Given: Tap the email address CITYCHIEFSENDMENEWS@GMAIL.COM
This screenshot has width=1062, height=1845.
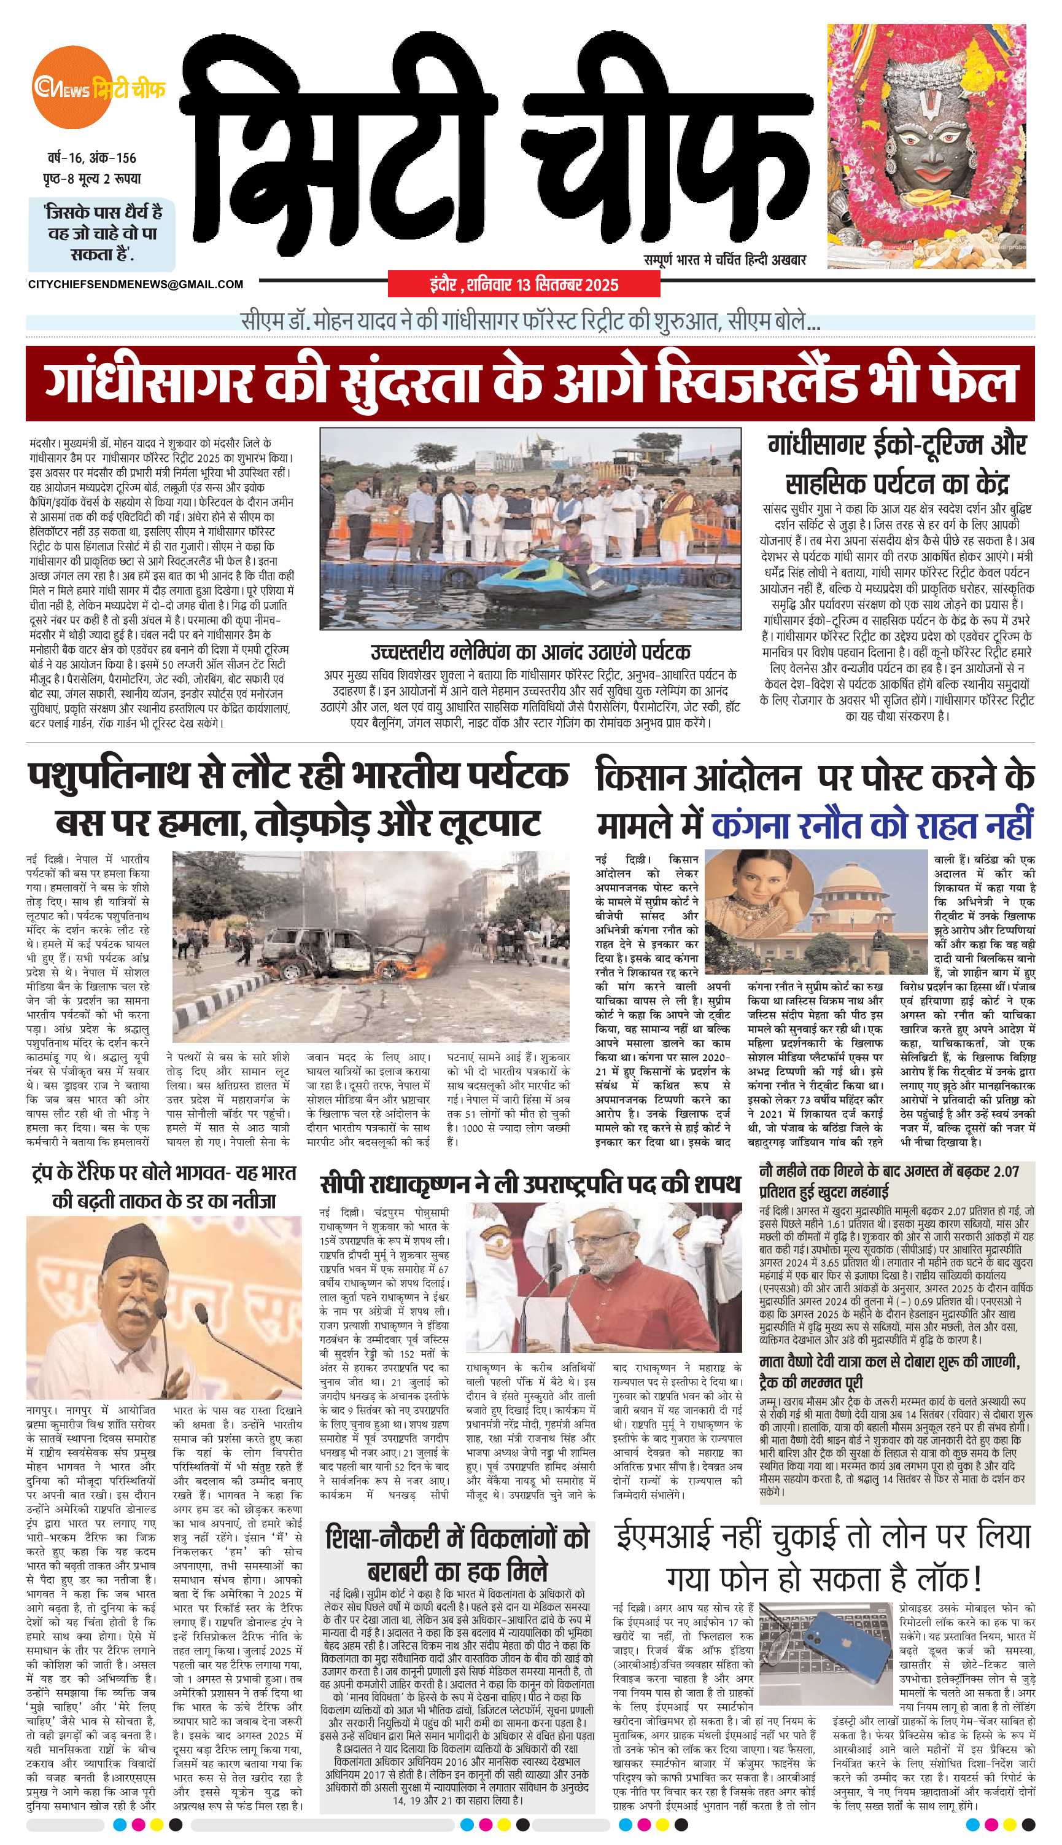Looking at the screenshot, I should coord(135,284).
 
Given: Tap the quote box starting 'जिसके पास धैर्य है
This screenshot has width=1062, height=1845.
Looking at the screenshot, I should coord(102,233).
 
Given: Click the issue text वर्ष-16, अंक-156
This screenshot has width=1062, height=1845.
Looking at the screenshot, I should coord(89,158).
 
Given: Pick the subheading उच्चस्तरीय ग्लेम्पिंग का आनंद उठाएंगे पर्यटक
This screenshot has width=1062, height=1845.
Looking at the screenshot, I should coord(530,651).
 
